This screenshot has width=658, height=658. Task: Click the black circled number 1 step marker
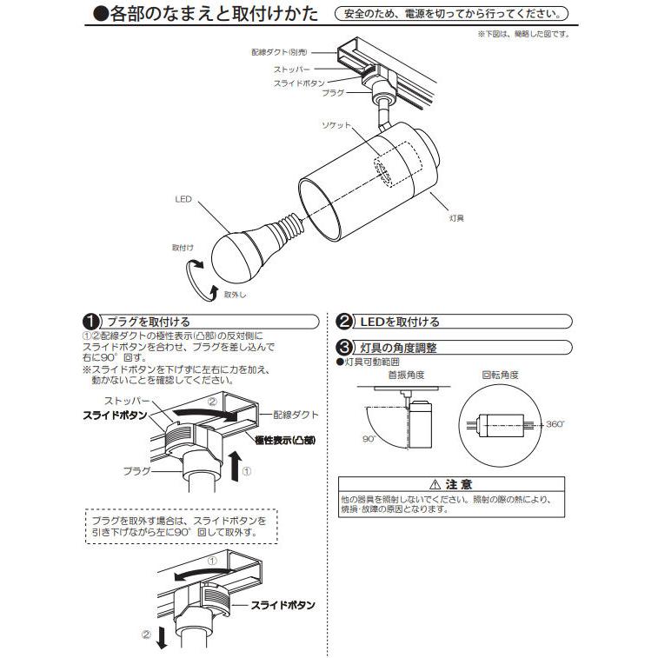[89, 322]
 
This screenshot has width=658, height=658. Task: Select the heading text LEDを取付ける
[400, 322]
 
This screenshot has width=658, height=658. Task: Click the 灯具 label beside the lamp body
[455, 218]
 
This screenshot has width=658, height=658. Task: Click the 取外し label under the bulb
[234, 294]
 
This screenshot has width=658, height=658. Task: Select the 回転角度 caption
[500, 376]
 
